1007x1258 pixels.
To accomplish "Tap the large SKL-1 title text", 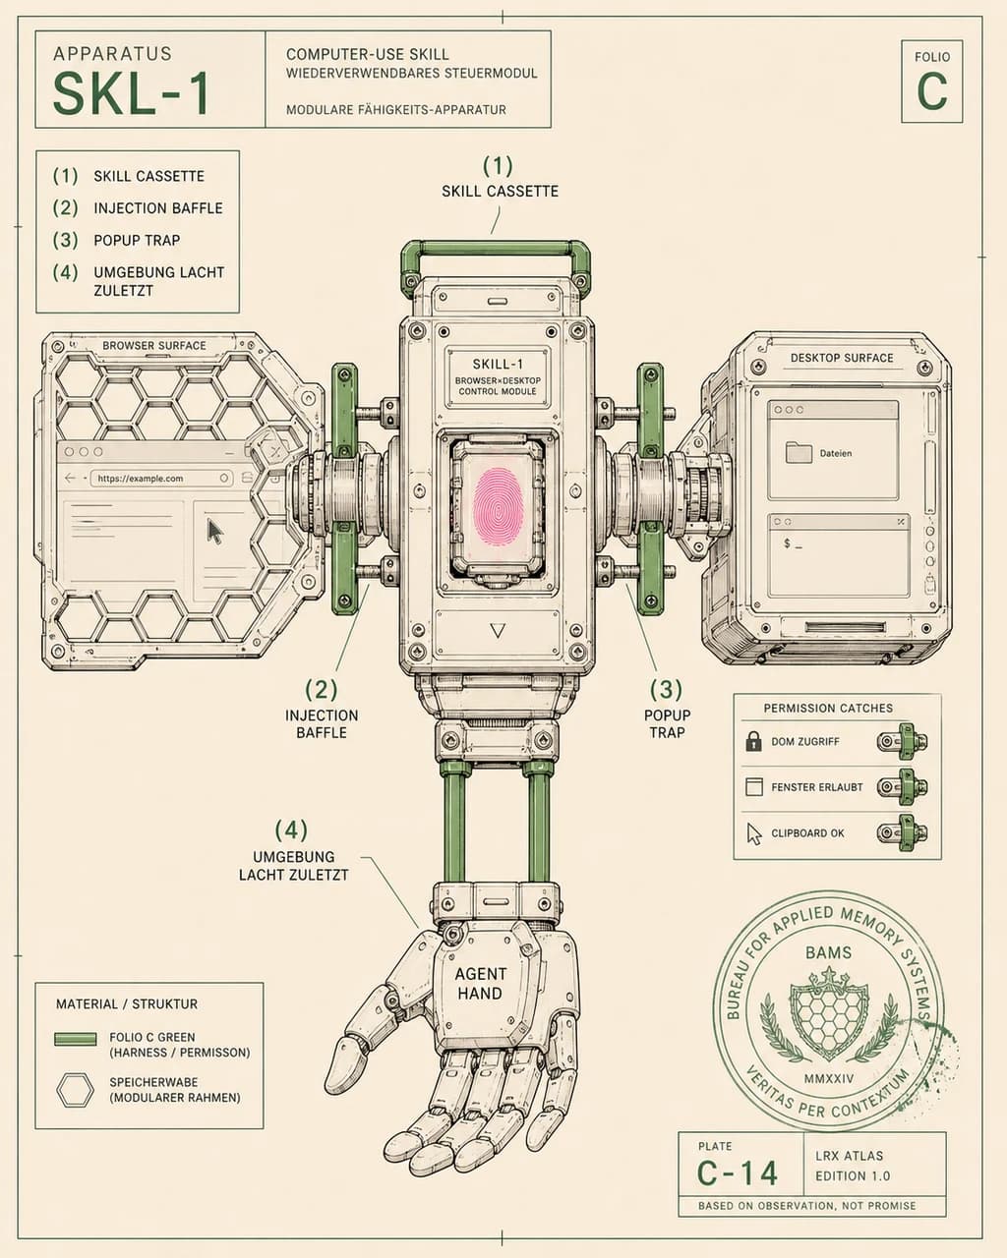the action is coord(131,94).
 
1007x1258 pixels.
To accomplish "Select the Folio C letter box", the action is coord(931,82).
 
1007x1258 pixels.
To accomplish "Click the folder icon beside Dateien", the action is coord(799,452).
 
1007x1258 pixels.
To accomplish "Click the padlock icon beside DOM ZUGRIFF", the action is coord(753,741).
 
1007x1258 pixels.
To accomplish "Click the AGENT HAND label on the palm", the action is coord(479,983).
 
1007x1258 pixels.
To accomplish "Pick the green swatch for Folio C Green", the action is coord(76,1038).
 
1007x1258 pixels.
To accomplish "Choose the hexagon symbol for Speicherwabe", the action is coord(75,1089).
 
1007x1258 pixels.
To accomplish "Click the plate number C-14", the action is coord(738,1172).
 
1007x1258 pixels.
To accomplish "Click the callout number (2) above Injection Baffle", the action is coord(322,690).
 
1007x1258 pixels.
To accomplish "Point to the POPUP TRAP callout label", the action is coord(667,723).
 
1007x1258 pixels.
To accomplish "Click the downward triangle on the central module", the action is coord(498,631).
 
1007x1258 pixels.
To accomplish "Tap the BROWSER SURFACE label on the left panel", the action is coord(153,346).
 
